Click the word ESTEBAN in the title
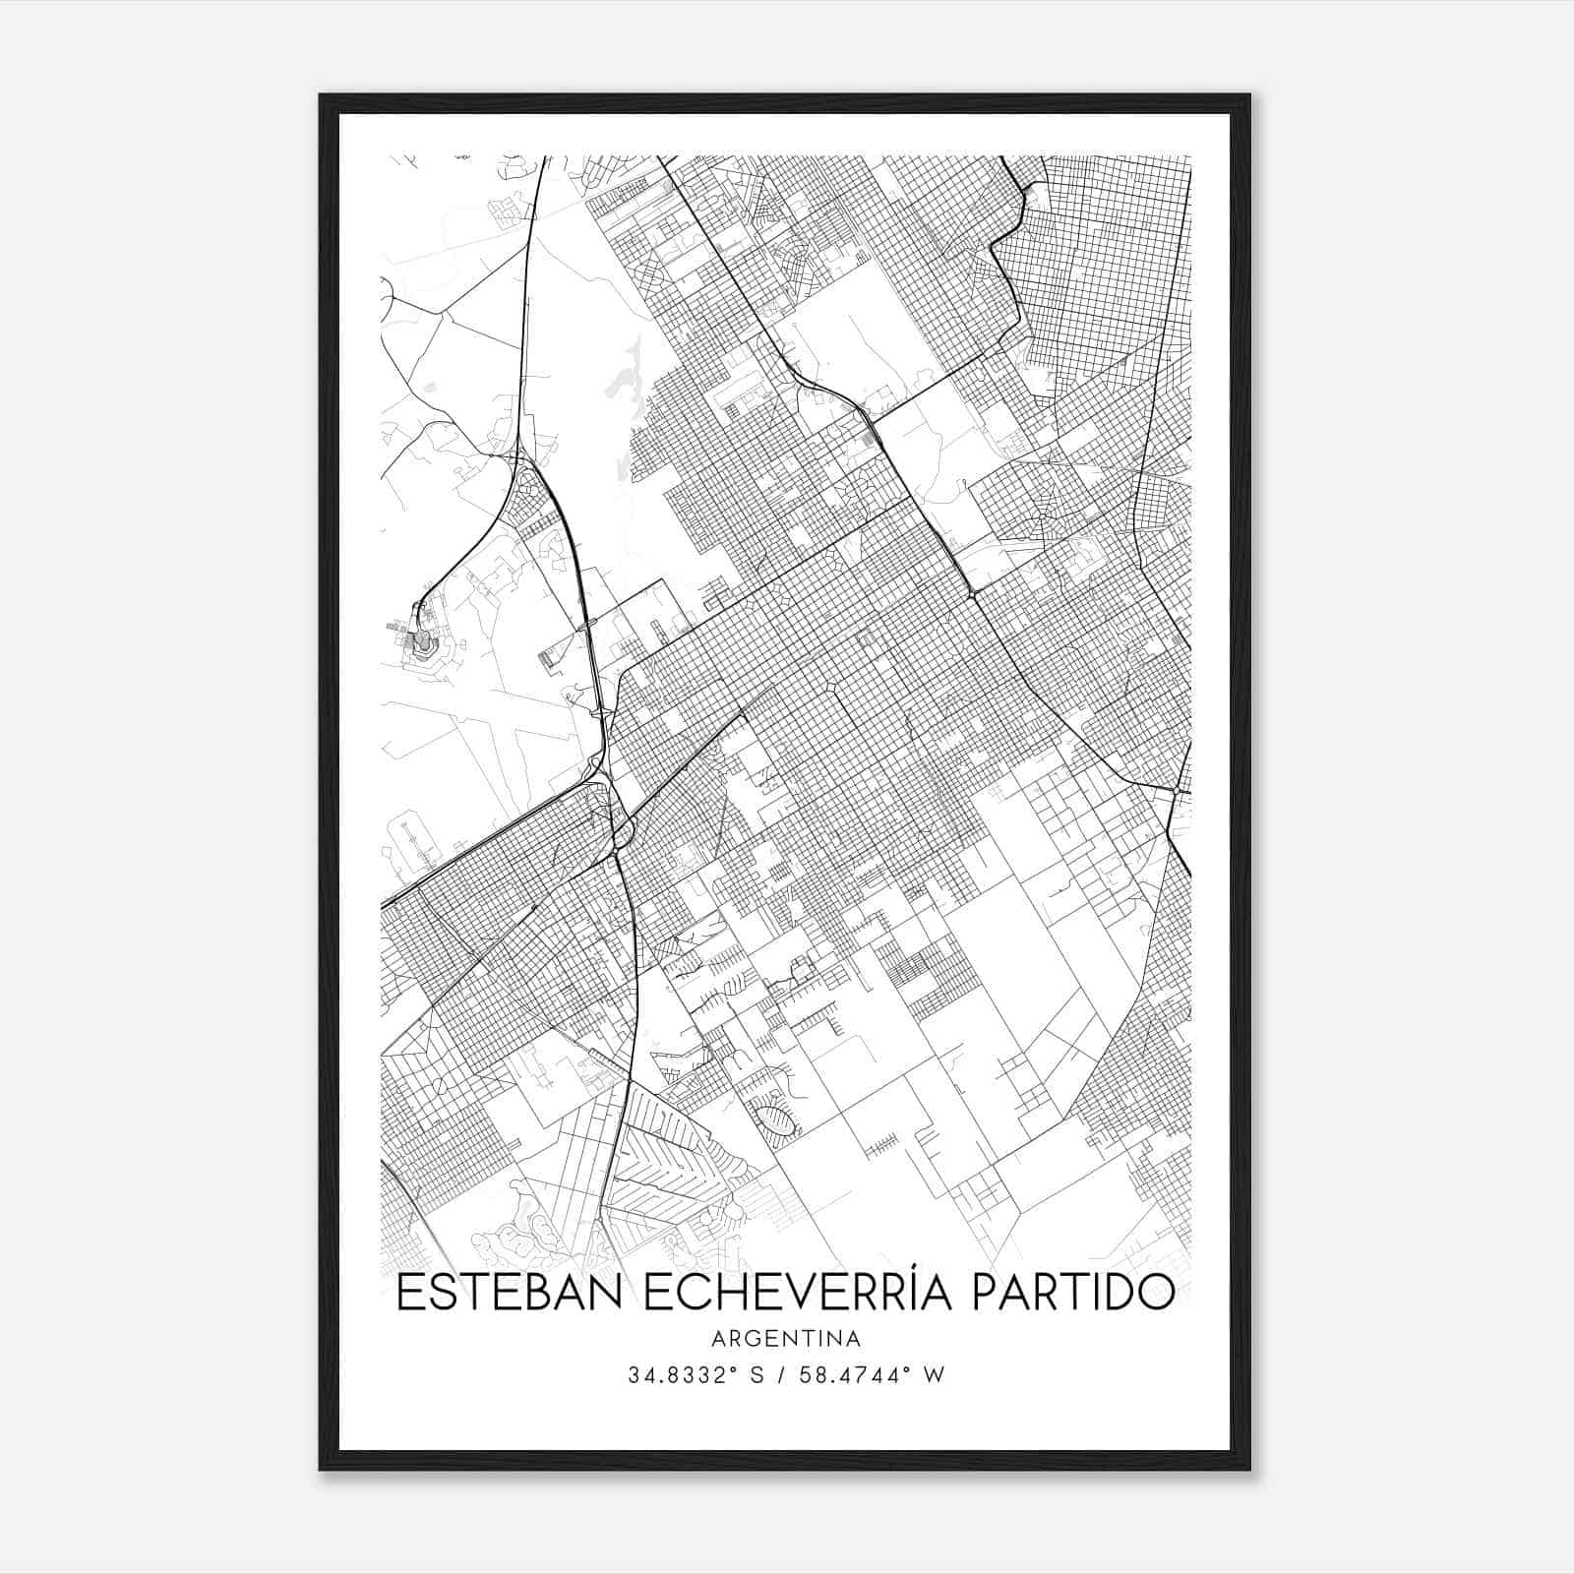(508, 1293)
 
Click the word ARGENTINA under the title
(786, 1339)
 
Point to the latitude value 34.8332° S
(696, 1375)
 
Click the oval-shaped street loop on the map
(776, 1119)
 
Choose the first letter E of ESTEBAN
(408, 1293)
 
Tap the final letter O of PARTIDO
(1158, 1293)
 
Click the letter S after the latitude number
(757, 1375)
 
